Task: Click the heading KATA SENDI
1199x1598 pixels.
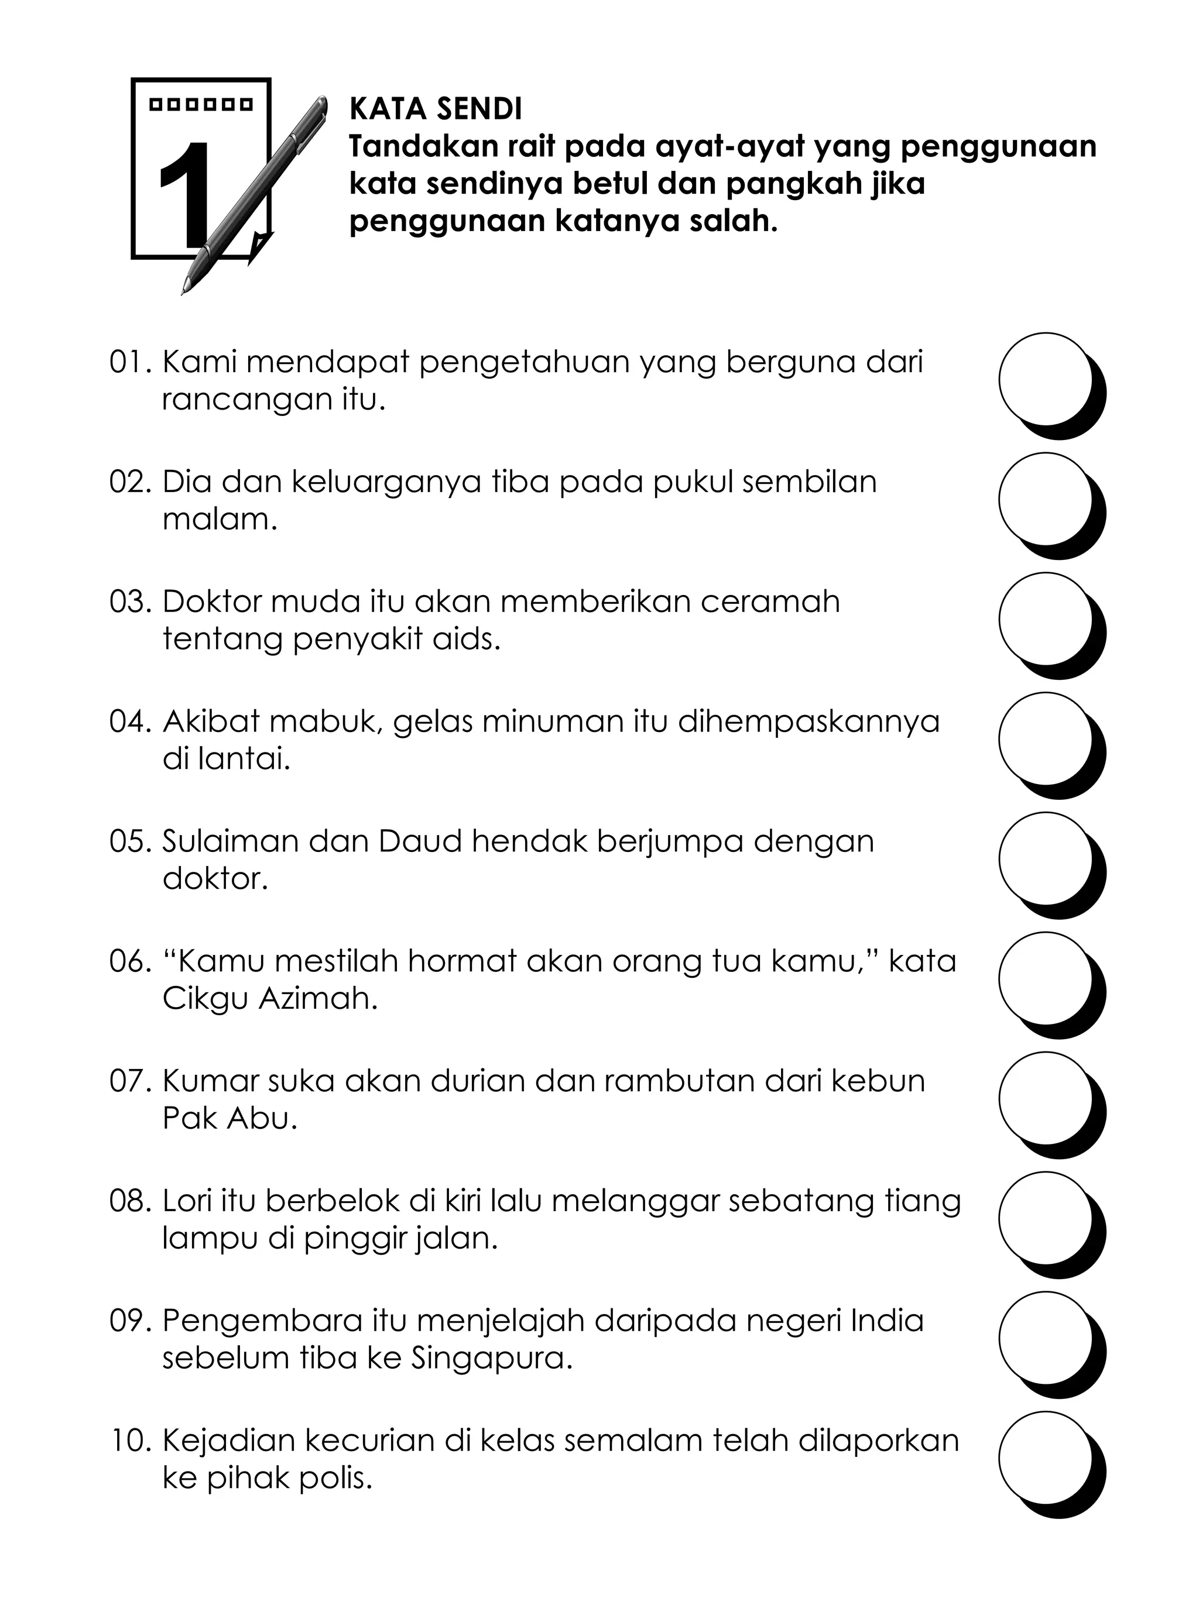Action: coord(435,109)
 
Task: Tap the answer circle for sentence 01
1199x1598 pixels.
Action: coord(1044,379)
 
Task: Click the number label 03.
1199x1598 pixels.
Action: coord(129,602)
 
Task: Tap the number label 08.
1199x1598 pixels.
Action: coord(129,1201)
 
